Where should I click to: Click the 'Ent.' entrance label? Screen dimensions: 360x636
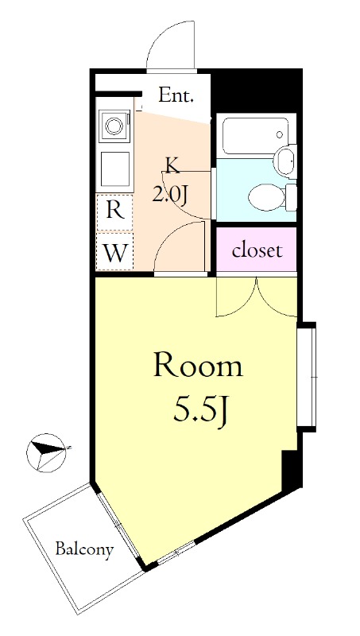coord(176,95)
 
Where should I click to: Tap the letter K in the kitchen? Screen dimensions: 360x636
coord(172,166)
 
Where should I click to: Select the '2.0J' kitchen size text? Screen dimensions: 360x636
coord(169,196)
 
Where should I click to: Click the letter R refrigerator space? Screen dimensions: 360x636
coord(114,211)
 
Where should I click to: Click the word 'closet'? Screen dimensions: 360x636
coord(257,250)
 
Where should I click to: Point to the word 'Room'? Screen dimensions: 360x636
coord(198,366)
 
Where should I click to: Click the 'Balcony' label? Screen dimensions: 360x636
coord(84,549)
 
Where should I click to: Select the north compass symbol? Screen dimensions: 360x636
coord(46,453)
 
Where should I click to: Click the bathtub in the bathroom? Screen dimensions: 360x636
coord(256,136)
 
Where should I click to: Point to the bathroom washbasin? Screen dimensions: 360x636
coord(286,161)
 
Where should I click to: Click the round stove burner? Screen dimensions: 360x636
coord(114,126)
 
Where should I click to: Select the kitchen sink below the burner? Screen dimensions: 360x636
coord(115,169)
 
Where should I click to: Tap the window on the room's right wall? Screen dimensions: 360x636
coord(307,377)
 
